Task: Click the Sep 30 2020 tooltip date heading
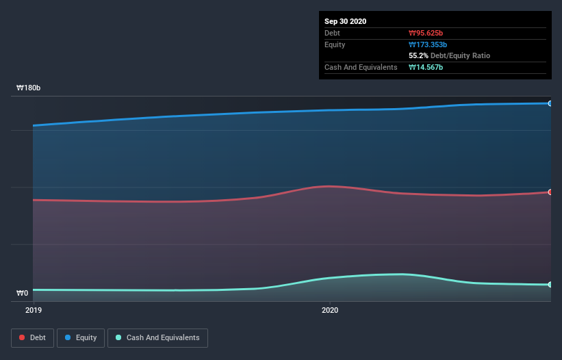(346, 21)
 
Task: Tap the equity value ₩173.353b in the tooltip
(429, 44)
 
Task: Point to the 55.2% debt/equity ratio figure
(418, 55)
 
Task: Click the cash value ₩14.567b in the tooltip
(426, 67)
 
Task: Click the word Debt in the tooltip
(333, 33)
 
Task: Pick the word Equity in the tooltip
(335, 44)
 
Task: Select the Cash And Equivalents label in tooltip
(361, 67)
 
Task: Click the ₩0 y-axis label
(23, 294)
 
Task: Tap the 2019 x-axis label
(33, 310)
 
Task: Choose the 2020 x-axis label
(330, 310)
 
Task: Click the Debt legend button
(31, 337)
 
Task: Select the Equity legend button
(81, 337)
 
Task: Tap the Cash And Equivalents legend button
(157, 337)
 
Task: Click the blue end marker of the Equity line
(550, 103)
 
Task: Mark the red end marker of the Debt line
(550, 192)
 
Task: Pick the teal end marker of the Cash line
(550, 285)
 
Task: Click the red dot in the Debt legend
(23, 337)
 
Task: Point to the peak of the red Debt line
(329, 186)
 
